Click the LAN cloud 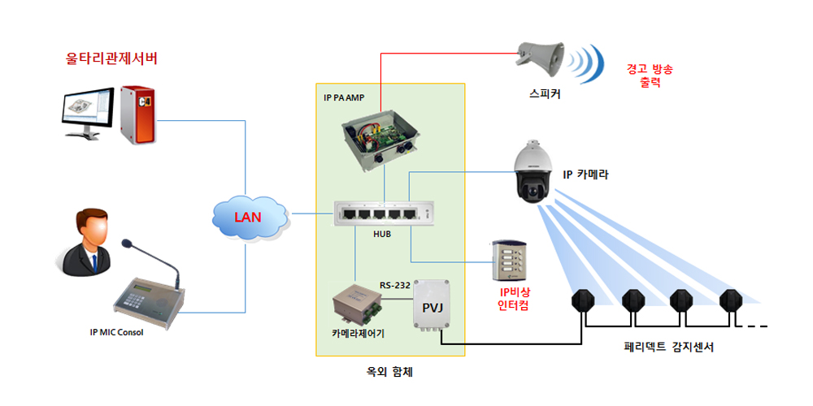tap(249, 217)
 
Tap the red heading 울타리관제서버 tap(112, 59)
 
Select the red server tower tap(137, 113)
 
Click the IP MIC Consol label tap(116, 332)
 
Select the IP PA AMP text tap(343, 97)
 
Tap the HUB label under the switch tap(383, 234)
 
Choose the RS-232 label tap(396, 285)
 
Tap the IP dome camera tap(535, 174)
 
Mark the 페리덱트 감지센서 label tap(658, 347)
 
